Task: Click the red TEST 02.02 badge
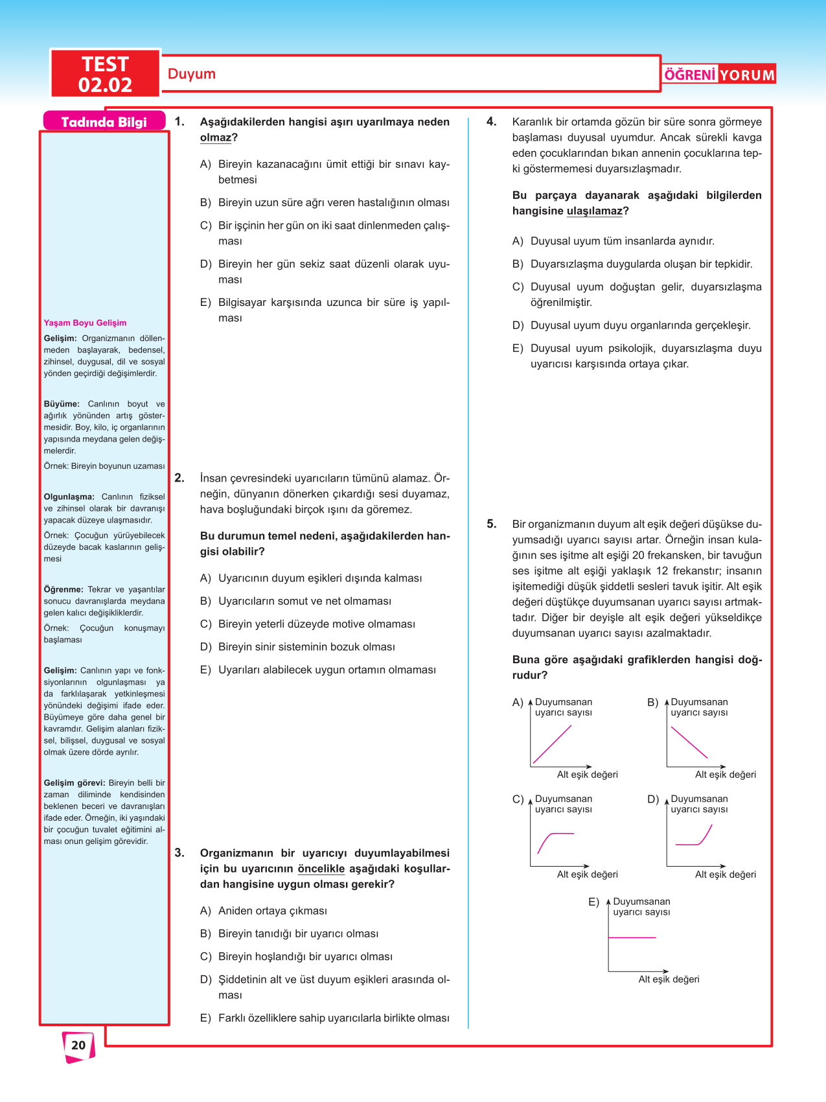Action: pos(105,74)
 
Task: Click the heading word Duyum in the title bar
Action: pos(191,74)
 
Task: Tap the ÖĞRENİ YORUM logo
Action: pos(719,75)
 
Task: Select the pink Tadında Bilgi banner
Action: pos(104,122)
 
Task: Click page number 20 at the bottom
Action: pos(78,1045)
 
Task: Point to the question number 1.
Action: pos(179,122)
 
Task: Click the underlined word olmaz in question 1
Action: pos(215,137)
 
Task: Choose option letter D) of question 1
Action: pos(205,264)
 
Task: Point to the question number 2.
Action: pos(179,478)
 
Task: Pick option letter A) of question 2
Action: pos(205,578)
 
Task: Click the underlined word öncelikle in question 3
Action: pos(321,869)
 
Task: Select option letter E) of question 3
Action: pos(205,1018)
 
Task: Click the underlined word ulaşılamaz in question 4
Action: pos(594,211)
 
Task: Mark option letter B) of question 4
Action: pos(518,264)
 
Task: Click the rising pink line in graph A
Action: pos(553,744)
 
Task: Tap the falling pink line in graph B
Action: pos(689,743)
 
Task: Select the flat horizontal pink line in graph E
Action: pos(632,937)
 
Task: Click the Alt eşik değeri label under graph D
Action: pos(725,874)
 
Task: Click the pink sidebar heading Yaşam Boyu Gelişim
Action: pos(85,323)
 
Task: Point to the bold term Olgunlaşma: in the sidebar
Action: pos(69,497)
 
